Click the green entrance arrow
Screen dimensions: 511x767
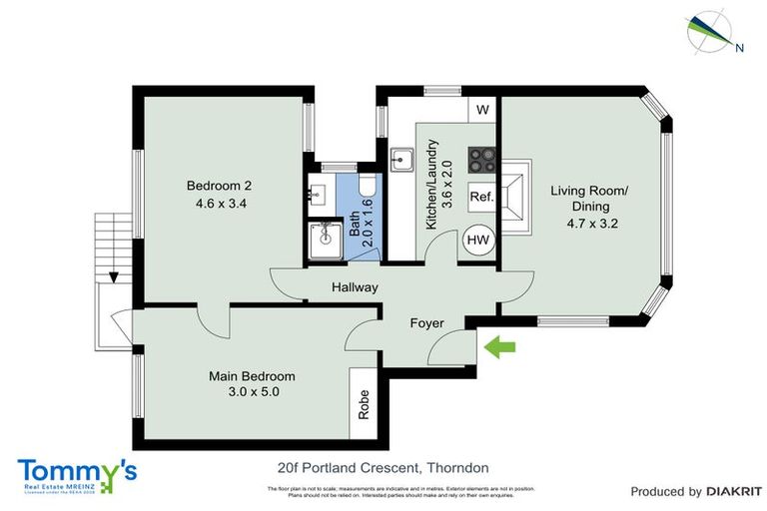[499, 346]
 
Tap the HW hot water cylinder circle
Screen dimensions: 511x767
[477, 241]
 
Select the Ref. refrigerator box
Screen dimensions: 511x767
[481, 197]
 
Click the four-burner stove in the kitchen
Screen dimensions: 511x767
[481, 161]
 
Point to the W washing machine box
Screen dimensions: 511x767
[482, 109]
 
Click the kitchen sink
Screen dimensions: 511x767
[403, 159]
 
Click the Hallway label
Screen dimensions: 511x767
[356, 288]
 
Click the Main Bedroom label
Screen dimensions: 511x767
[252, 376]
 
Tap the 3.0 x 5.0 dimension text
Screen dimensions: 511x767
[252, 393]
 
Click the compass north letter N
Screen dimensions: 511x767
[739, 47]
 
